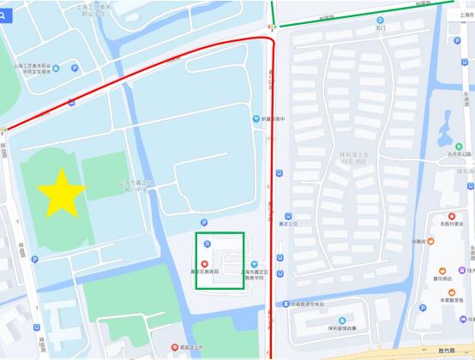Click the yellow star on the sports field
coord(61,193)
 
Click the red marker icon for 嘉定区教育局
coord(204,262)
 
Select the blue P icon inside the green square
coord(206,245)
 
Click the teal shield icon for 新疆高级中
coord(255,118)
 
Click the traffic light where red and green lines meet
coord(272,27)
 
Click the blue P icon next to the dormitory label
coord(74,68)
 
